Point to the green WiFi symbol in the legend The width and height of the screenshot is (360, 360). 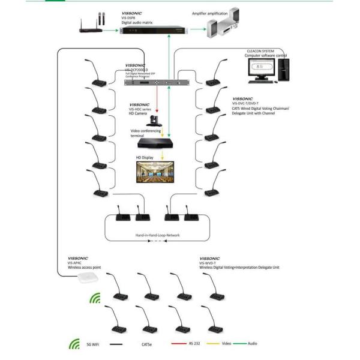pos(75,345)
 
